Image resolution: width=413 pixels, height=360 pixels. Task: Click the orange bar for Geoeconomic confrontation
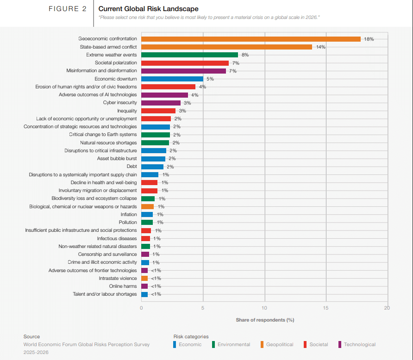[x=250, y=39]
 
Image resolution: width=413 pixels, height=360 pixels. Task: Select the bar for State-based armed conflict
[x=226, y=47]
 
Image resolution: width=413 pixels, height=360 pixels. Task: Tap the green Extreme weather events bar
[x=189, y=55]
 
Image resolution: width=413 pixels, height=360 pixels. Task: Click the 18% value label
[x=369, y=39]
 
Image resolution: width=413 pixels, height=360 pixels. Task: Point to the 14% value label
[x=320, y=47]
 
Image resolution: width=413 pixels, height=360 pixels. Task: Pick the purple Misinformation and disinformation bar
[x=183, y=71]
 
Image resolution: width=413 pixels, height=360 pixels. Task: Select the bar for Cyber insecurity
[x=161, y=103]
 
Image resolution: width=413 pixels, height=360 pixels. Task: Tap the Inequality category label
[x=127, y=111]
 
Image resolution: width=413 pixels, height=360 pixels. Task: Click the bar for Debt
[x=152, y=167]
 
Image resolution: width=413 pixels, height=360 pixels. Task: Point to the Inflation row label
[x=129, y=214]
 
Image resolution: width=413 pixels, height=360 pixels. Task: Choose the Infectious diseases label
[x=117, y=238]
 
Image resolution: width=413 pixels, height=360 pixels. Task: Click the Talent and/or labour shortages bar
[x=144, y=294]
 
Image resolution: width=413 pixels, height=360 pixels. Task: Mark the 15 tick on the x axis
[x=325, y=308]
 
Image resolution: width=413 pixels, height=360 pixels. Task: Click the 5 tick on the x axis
[x=203, y=308]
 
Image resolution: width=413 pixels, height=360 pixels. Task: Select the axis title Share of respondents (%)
[x=265, y=320]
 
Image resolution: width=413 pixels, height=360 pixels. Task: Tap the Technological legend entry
[x=359, y=344]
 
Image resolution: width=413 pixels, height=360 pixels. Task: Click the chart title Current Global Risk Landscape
[x=148, y=9]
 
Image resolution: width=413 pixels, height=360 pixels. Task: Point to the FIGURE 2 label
[x=68, y=9]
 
